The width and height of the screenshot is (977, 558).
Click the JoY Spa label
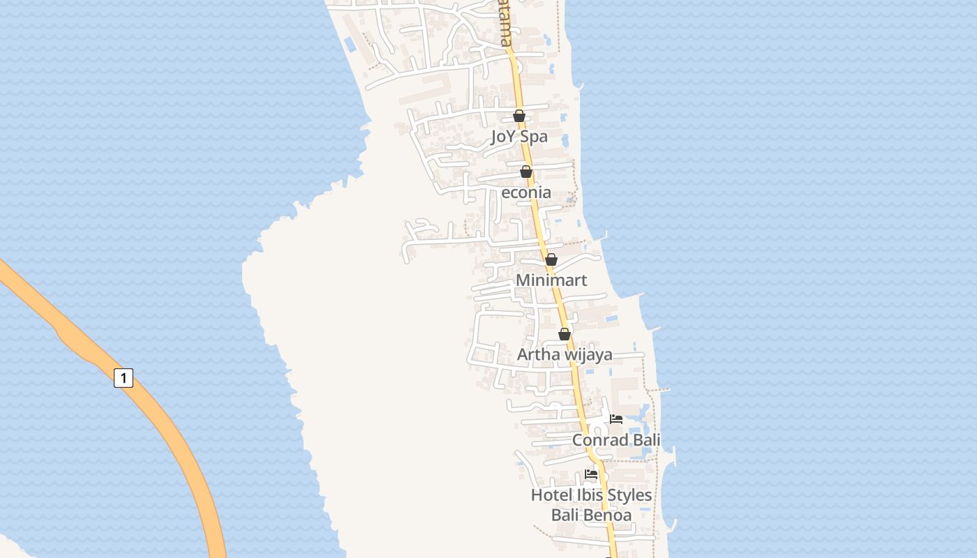(x=519, y=136)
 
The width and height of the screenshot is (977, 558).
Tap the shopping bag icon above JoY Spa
(x=519, y=116)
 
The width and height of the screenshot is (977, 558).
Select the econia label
(x=526, y=193)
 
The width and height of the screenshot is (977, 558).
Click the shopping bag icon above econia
(x=526, y=172)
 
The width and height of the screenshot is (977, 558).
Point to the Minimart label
(x=551, y=280)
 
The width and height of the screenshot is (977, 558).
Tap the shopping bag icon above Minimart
(x=551, y=259)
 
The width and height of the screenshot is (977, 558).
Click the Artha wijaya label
(x=565, y=354)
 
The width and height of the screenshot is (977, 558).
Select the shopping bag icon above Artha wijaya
(x=565, y=334)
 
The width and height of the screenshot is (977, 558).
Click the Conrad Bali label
(x=616, y=440)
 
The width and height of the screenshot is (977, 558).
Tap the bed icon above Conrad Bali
(x=616, y=419)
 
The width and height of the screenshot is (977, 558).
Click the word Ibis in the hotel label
(x=588, y=495)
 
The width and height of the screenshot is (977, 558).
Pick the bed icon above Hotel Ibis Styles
(x=591, y=474)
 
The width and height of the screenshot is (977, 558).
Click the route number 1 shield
(x=124, y=378)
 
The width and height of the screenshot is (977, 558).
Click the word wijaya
(x=588, y=354)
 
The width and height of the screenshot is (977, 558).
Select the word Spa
(x=535, y=136)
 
